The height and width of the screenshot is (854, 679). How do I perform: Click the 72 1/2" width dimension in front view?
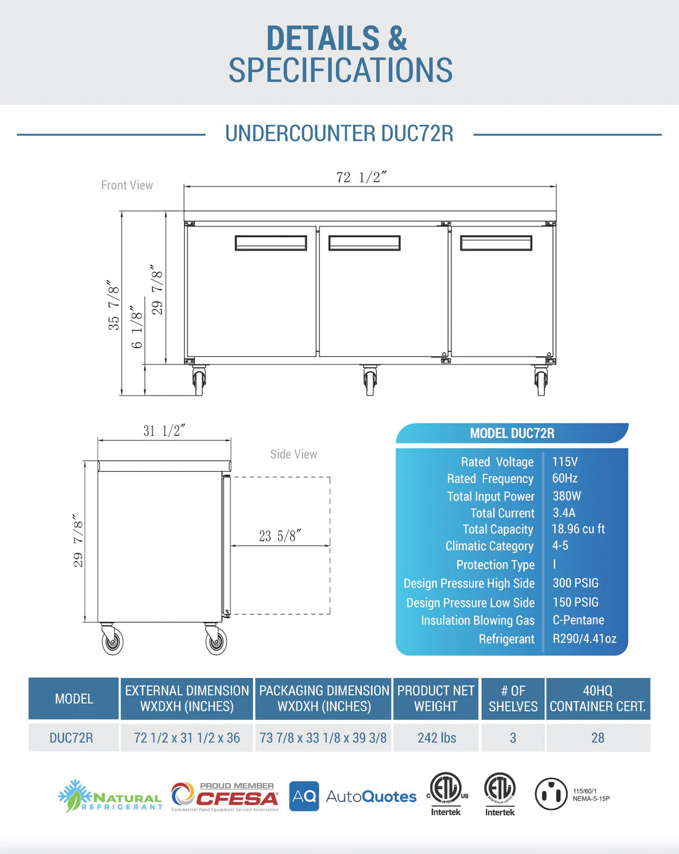[x=361, y=177]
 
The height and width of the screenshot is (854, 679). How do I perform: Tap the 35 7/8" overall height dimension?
[x=114, y=305]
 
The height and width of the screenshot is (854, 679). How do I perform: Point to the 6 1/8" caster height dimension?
[x=136, y=327]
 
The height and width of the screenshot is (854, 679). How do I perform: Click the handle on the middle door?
[x=364, y=243]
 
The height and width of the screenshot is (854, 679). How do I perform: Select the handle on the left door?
[x=270, y=243]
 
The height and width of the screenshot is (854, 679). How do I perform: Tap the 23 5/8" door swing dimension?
[x=280, y=536]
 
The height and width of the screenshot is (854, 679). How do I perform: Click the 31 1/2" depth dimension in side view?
[x=164, y=431]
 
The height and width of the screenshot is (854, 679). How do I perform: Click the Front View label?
[x=127, y=185]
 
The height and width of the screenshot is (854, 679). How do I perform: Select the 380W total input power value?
[x=566, y=496]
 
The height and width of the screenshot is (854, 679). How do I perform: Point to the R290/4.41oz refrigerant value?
[x=584, y=638]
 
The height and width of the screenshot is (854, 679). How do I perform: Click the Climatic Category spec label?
[x=489, y=546]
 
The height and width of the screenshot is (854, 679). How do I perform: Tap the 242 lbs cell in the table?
[x=436, y=738]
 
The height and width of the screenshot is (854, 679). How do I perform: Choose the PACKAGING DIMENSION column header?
[x=323, y=698]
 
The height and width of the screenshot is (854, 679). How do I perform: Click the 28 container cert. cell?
[x=598, y=738]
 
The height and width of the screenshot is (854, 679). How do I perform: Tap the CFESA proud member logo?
[x=225, y=797]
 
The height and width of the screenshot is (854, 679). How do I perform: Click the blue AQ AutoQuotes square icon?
[x=304, y=797]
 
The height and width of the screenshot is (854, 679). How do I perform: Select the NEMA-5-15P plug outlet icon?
[x=550, y=794]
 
